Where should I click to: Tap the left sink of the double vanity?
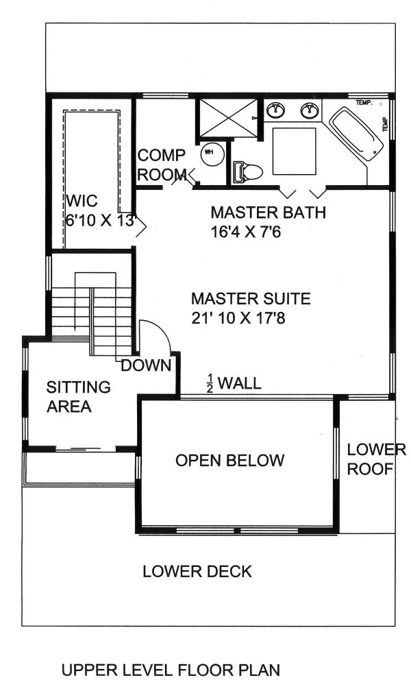277,110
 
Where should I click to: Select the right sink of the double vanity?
310,110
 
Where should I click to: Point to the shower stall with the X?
227,118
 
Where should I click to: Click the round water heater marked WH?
212,154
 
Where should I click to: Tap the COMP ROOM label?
162,165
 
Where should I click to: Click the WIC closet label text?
82,202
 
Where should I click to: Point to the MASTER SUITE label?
251,299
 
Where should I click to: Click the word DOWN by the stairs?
146,366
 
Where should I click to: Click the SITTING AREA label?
78,397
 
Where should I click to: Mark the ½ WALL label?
235,382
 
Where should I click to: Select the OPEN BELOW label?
229,460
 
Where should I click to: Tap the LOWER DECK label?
197,571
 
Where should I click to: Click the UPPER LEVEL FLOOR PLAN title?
171,670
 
